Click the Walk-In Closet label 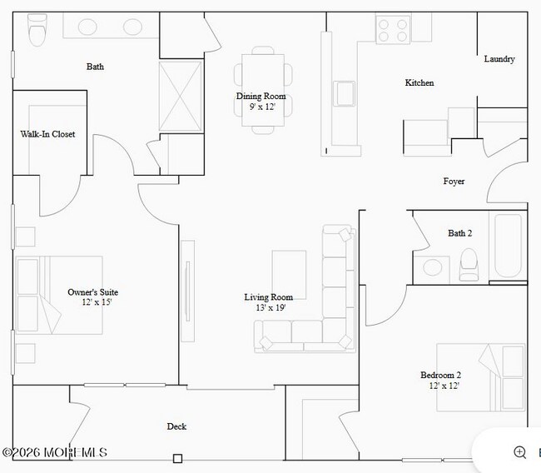(47, 134)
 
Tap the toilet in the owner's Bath (37, 30)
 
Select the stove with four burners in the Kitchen (393, 30)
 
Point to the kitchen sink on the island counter (344, 93)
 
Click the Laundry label (499, 59)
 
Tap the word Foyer (454, 182)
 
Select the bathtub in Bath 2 (508, 246)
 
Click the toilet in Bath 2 (469, 264)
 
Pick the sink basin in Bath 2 (432, 267)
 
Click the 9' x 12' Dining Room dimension (262, 107)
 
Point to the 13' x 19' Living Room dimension (270, 307)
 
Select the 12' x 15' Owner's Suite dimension (97, 302)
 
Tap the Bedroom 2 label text (440, 375)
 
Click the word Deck (176, 426)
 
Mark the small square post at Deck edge (177, 459)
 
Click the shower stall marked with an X (181, 96)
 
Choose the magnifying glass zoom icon (520, 452)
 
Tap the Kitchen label (419, 83)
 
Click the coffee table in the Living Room (289, 275)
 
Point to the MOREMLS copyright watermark (54, 452)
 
